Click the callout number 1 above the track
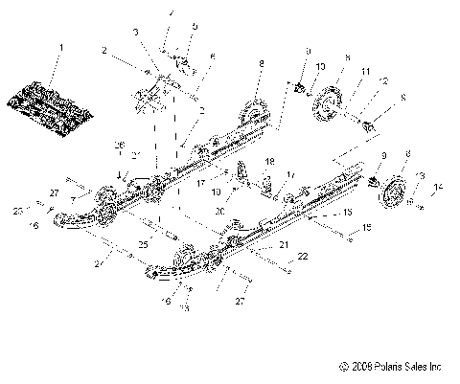(63, 46)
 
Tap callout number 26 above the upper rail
(121, 145)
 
